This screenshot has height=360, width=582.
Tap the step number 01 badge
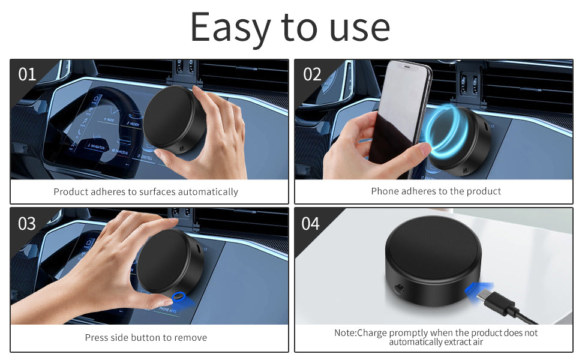[28, 74]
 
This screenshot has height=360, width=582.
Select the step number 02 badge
[312, 74]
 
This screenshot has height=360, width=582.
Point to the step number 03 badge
[27, 223]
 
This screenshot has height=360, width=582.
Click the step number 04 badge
[311, 223]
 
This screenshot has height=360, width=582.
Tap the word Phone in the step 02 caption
[385, 191]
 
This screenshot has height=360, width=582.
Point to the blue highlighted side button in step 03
[178, 296]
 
